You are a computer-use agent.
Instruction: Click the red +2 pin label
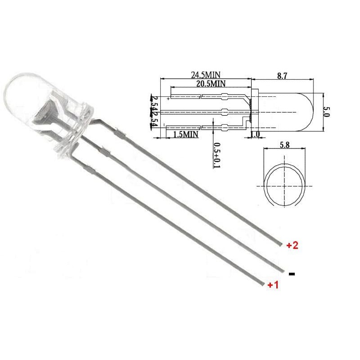(292, 245)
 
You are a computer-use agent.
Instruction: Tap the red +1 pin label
(273, 285)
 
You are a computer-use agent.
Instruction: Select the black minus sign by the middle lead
(292, 274)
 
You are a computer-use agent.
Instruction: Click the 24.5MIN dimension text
(206, 75)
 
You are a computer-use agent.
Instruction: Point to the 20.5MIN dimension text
(211, 83)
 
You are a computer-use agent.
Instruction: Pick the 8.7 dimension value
(282, 76)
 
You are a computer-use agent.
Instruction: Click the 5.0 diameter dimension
(326, 112)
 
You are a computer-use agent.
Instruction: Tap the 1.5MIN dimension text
(185, 134)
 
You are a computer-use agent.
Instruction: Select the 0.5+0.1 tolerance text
(217, 155)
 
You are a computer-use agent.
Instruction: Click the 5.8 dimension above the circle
(285, 145)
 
